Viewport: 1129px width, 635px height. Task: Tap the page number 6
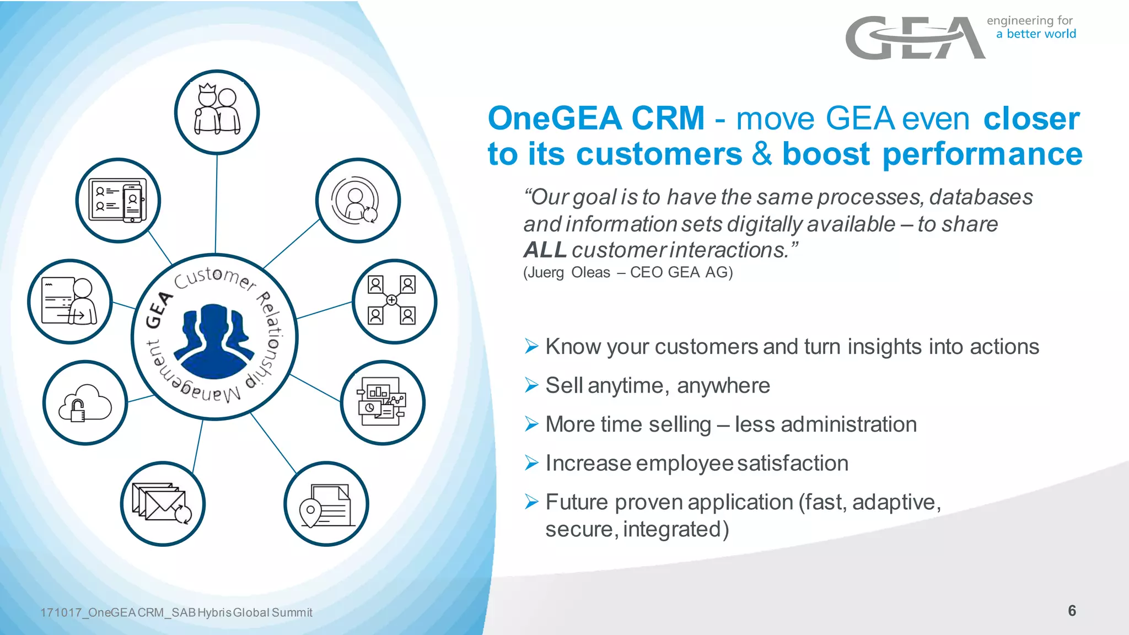(x=1072, y=610)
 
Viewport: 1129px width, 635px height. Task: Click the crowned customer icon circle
(x=217, y=112)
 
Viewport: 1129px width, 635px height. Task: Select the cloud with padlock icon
(x=85, y=403)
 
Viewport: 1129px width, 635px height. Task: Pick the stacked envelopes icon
(x=163, y=504)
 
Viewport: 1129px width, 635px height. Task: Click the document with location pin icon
(x=326, y=504)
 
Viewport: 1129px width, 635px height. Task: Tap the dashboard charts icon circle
(x=382, y=402)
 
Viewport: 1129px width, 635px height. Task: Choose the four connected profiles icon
(x=394, y=301)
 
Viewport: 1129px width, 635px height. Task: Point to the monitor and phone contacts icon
(x=118, y=200)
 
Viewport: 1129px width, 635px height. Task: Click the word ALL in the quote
(x=545, y=250)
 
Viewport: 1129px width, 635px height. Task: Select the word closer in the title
(x=1031, y=119)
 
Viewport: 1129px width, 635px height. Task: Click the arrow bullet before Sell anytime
(x=531, y=385)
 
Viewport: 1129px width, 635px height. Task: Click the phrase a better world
(x=1036, y=34)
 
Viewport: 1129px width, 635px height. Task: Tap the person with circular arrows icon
(x=357, y=200)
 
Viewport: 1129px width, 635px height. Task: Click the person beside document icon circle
(x=70, y=302)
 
